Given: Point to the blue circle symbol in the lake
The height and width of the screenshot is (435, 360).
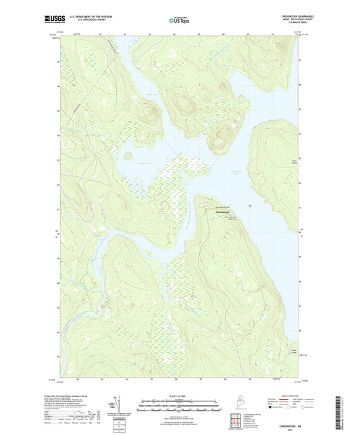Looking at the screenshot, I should click(x=251, y=205).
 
